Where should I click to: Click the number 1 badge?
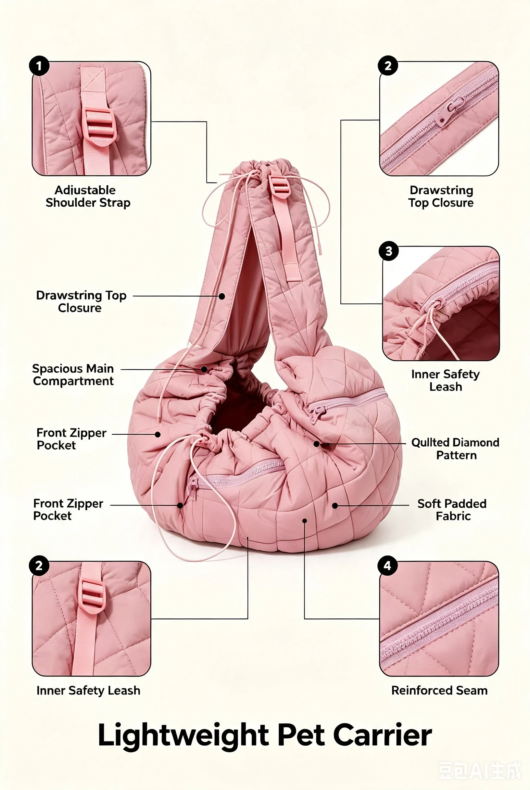pyautogui.click(x=39, y=66)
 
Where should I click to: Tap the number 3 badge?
pyautogui.click(x=389, y=251)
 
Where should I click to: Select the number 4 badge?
pyautogui.click(x=388, y=566)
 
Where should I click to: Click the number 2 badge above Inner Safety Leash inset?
pyautogui.click(x=39, y=566)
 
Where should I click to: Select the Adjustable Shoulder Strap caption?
pyautogui.click(x=88, y=197)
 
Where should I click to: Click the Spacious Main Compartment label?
pyautogui.click(x=73, y=375)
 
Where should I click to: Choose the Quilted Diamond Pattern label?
pyautogui.click(x=455, y=449)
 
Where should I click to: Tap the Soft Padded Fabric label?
pyautogui.click(x=452, y=510)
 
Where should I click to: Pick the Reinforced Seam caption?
pyautogui.click(x=439, y=690)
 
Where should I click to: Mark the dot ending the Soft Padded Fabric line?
pyautogui.click(x=335, y=506)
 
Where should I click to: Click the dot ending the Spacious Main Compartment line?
pyautogui.click(x=204, y=369)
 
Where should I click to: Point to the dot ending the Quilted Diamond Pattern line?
pyautogui.click(x=316, y=444)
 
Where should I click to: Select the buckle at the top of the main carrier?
pyautogui.click(x=279, y=186)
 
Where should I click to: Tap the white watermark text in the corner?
pyautogui.click(x=480, y=771)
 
